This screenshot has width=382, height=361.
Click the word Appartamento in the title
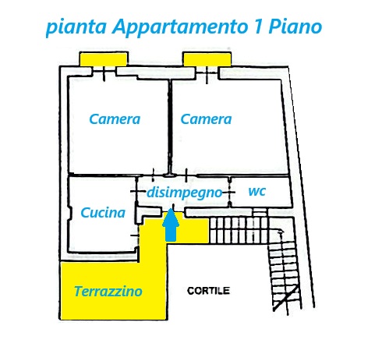[x=181, y=27]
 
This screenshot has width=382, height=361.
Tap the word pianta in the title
[x=76, y=27]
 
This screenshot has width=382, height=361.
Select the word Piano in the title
[x=295, y=27]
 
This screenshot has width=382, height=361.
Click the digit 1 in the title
[x=258, y=26]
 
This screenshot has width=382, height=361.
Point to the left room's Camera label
[x=115, y=119]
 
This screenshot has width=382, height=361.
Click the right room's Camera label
[x=206, y=119]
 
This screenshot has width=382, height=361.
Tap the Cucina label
[x=103, y=213]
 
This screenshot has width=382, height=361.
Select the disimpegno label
[x=185, y=193]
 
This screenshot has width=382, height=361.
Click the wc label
[x=257, y=191]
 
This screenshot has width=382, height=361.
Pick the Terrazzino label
[x=108, y=291]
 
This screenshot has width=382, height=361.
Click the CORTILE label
[x=208, y=291]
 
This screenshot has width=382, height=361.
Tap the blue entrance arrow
[x=171, y=225]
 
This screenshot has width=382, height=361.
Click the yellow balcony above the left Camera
[x=104, y=59]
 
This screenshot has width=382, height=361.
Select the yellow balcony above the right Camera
[x=207, y=59]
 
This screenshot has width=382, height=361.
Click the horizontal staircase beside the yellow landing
[x=239, y=231]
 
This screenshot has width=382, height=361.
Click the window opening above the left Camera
[x=104, y=71]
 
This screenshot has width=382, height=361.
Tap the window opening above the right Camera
[x=207, y=72]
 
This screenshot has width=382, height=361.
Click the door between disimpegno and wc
[x=229, y=193]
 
